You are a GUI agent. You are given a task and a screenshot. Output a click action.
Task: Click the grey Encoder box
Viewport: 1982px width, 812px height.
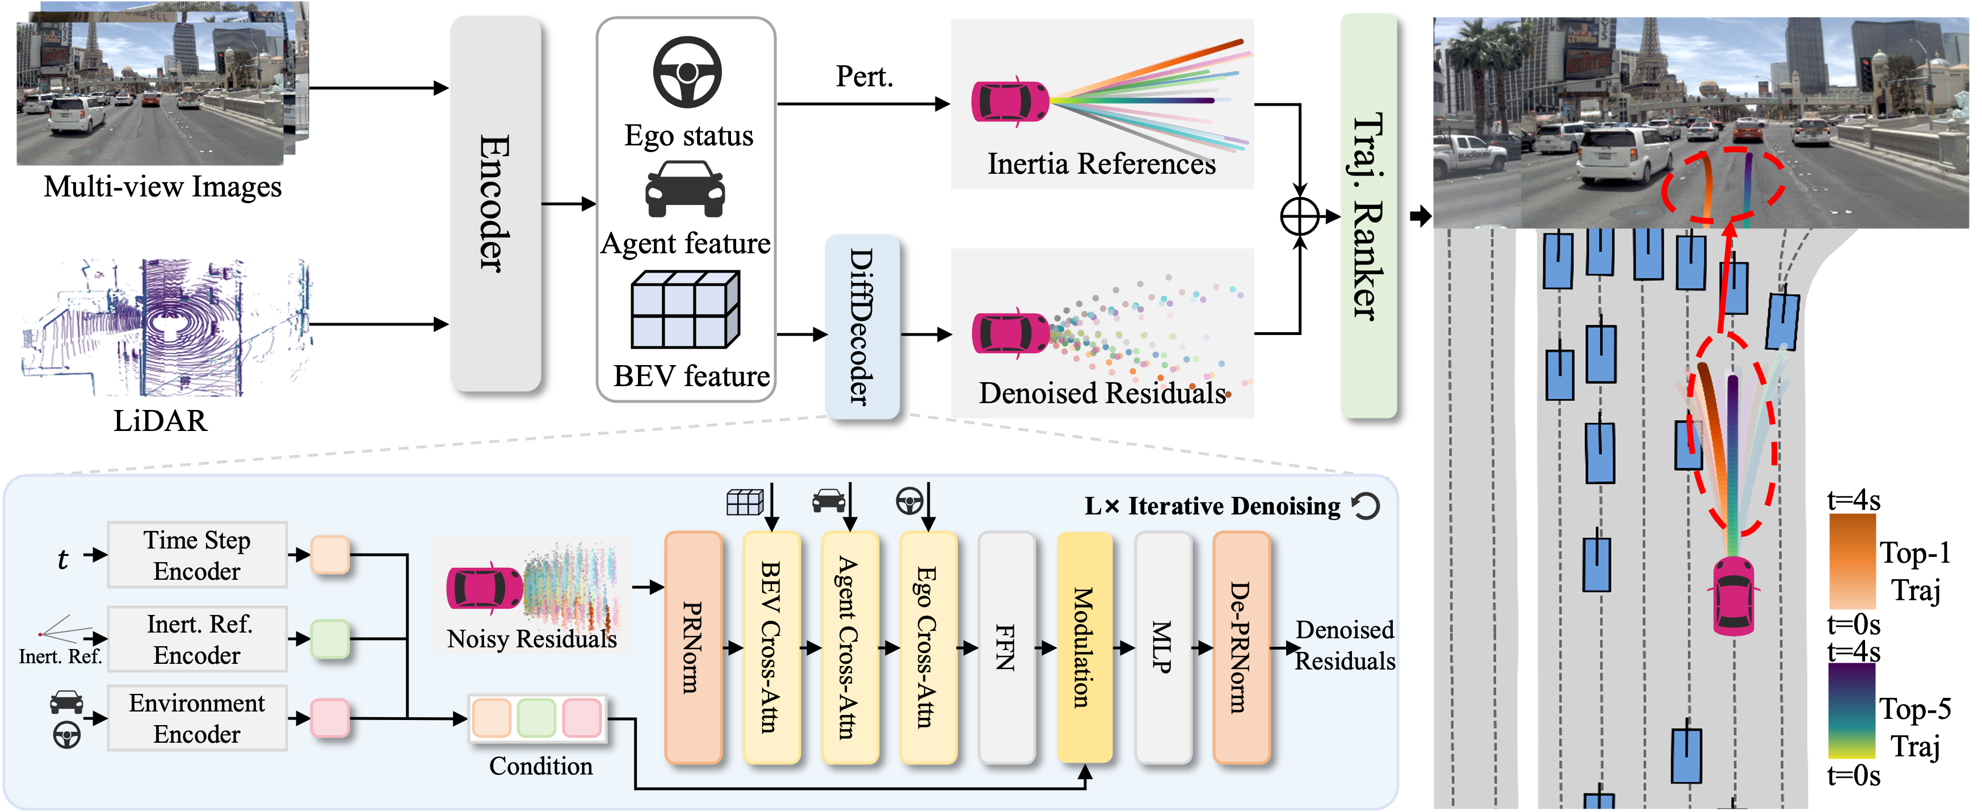point(495,203)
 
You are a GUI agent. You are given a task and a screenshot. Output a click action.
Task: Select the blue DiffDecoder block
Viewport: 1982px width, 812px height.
point(862,327)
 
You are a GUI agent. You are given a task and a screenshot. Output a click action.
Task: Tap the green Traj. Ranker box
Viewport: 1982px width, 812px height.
point(1368,216)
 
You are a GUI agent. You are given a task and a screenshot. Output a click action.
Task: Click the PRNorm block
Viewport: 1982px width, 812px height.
point(692,647)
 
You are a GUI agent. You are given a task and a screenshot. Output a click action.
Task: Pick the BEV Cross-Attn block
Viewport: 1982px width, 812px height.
point(772,647)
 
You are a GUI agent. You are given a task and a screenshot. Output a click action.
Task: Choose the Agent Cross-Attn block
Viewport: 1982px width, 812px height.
point(850,647)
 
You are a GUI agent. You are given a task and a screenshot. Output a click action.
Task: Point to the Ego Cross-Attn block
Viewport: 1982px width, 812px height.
point(928,647)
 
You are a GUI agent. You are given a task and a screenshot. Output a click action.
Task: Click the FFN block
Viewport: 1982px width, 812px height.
point(1006,647)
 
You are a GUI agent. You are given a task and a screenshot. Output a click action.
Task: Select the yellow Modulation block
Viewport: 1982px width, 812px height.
point(1084,647)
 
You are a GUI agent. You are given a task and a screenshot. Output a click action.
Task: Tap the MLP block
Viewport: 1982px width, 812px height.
point(1162,647)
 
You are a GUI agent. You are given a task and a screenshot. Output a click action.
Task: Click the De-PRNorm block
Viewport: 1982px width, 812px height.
point(1240,647)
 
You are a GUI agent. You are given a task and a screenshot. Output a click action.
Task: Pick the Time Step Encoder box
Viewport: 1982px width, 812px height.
point(197,555)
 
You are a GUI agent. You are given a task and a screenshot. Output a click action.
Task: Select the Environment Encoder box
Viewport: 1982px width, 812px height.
point(197,718)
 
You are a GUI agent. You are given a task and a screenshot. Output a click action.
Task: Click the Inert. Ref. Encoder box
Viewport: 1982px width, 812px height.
point(197,639)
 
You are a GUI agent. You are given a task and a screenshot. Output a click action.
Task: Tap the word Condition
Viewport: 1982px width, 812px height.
point(541,766)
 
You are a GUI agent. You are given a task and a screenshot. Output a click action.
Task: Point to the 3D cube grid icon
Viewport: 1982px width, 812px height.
point(685,309)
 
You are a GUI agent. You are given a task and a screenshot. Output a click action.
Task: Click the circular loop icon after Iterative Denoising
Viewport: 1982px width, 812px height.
point(1366,506)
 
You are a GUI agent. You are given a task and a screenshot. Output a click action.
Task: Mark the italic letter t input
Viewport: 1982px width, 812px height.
point(63,559)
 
